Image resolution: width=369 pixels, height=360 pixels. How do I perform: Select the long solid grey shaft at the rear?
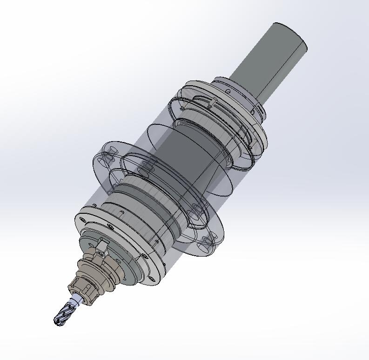click(270, 61)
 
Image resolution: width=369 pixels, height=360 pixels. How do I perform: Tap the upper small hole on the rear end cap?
click(228, 92)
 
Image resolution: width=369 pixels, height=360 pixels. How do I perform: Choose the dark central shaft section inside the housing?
click(186, 154)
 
